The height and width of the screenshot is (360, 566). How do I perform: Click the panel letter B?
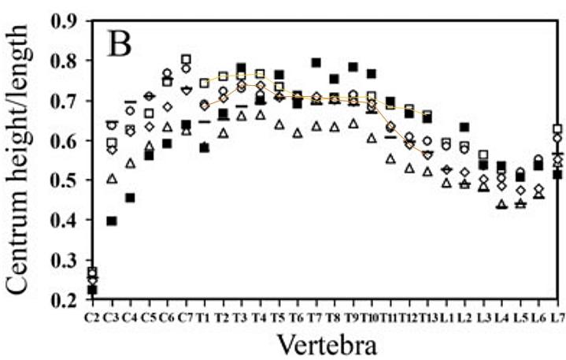pyautogui.click(x=120, y=45)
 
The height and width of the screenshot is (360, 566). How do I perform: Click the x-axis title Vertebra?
pyautogui.click(x=327, y=344)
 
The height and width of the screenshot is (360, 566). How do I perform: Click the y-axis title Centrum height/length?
pyautogui.click(x=17, y=159)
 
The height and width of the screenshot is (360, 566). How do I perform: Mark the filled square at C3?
pyautogui.click(x=112, y=221)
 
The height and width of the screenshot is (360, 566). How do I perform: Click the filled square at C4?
pyautogui.click(x=130, y=198)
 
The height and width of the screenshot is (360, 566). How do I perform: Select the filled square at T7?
pyautogui.click(x=316, y=63)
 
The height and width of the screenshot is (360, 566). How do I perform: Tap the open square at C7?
pyautogui.click(x=186, y=59)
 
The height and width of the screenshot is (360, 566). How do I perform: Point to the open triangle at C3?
pyautogui.click(x=112, y=178)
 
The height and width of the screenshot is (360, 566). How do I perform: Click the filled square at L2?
pyautogui.click(x=464, y=127)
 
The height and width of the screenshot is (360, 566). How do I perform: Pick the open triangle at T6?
pyautogui.click(x=298, y=133)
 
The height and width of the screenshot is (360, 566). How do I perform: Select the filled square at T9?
pyautogui.click(x=353, y=67)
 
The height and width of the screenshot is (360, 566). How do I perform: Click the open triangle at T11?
pyautogui.click(x=390, y=158)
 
